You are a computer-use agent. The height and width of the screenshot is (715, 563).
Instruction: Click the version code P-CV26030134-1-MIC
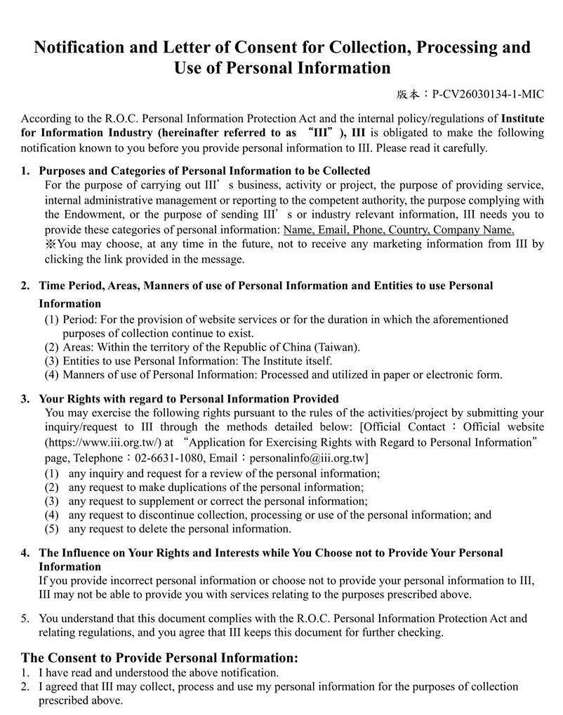(488, 94)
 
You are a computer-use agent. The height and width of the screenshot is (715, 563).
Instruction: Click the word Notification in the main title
(79, 48)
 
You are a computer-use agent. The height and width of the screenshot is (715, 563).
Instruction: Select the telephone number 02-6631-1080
(164, 458)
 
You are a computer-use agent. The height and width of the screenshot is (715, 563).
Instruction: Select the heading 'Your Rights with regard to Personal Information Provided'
(189, 399)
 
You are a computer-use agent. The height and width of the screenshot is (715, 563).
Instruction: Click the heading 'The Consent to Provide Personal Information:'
(160, 658)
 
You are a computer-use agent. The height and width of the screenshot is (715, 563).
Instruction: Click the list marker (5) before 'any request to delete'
(51, 529)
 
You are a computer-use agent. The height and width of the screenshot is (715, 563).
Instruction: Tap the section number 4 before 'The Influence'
(25, 553)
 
